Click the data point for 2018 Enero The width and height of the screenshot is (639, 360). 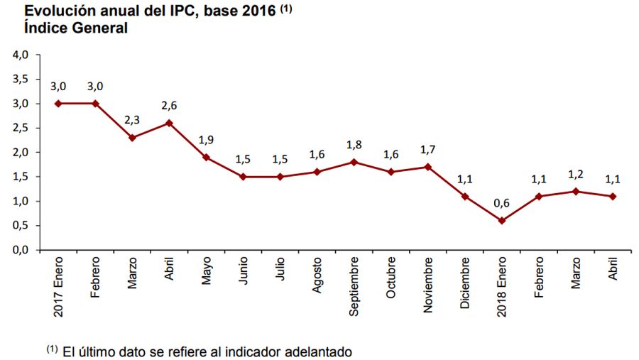501,220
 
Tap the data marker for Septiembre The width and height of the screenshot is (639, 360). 354,162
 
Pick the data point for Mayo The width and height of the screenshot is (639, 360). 206,157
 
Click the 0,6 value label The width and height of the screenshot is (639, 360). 501,203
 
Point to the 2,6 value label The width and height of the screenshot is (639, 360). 169,105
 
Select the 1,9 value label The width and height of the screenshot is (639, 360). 206,139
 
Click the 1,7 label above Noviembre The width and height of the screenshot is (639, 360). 427,149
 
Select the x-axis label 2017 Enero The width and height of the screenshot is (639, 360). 58,288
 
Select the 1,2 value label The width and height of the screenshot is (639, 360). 575,174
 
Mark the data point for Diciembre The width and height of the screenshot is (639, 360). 464,196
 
